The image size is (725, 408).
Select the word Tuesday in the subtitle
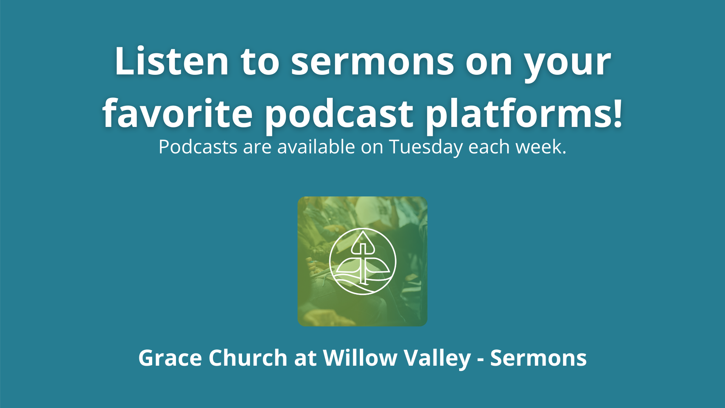click(x=426, y=147)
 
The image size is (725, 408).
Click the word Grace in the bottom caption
click(x=170, y=358)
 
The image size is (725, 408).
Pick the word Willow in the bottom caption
click(x=359, y=358)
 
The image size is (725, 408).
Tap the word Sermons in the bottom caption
click(x=538, y=358)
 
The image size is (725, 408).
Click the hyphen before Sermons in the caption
click(x=480, y=359)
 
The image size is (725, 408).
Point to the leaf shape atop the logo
click(x=363, y=242)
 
